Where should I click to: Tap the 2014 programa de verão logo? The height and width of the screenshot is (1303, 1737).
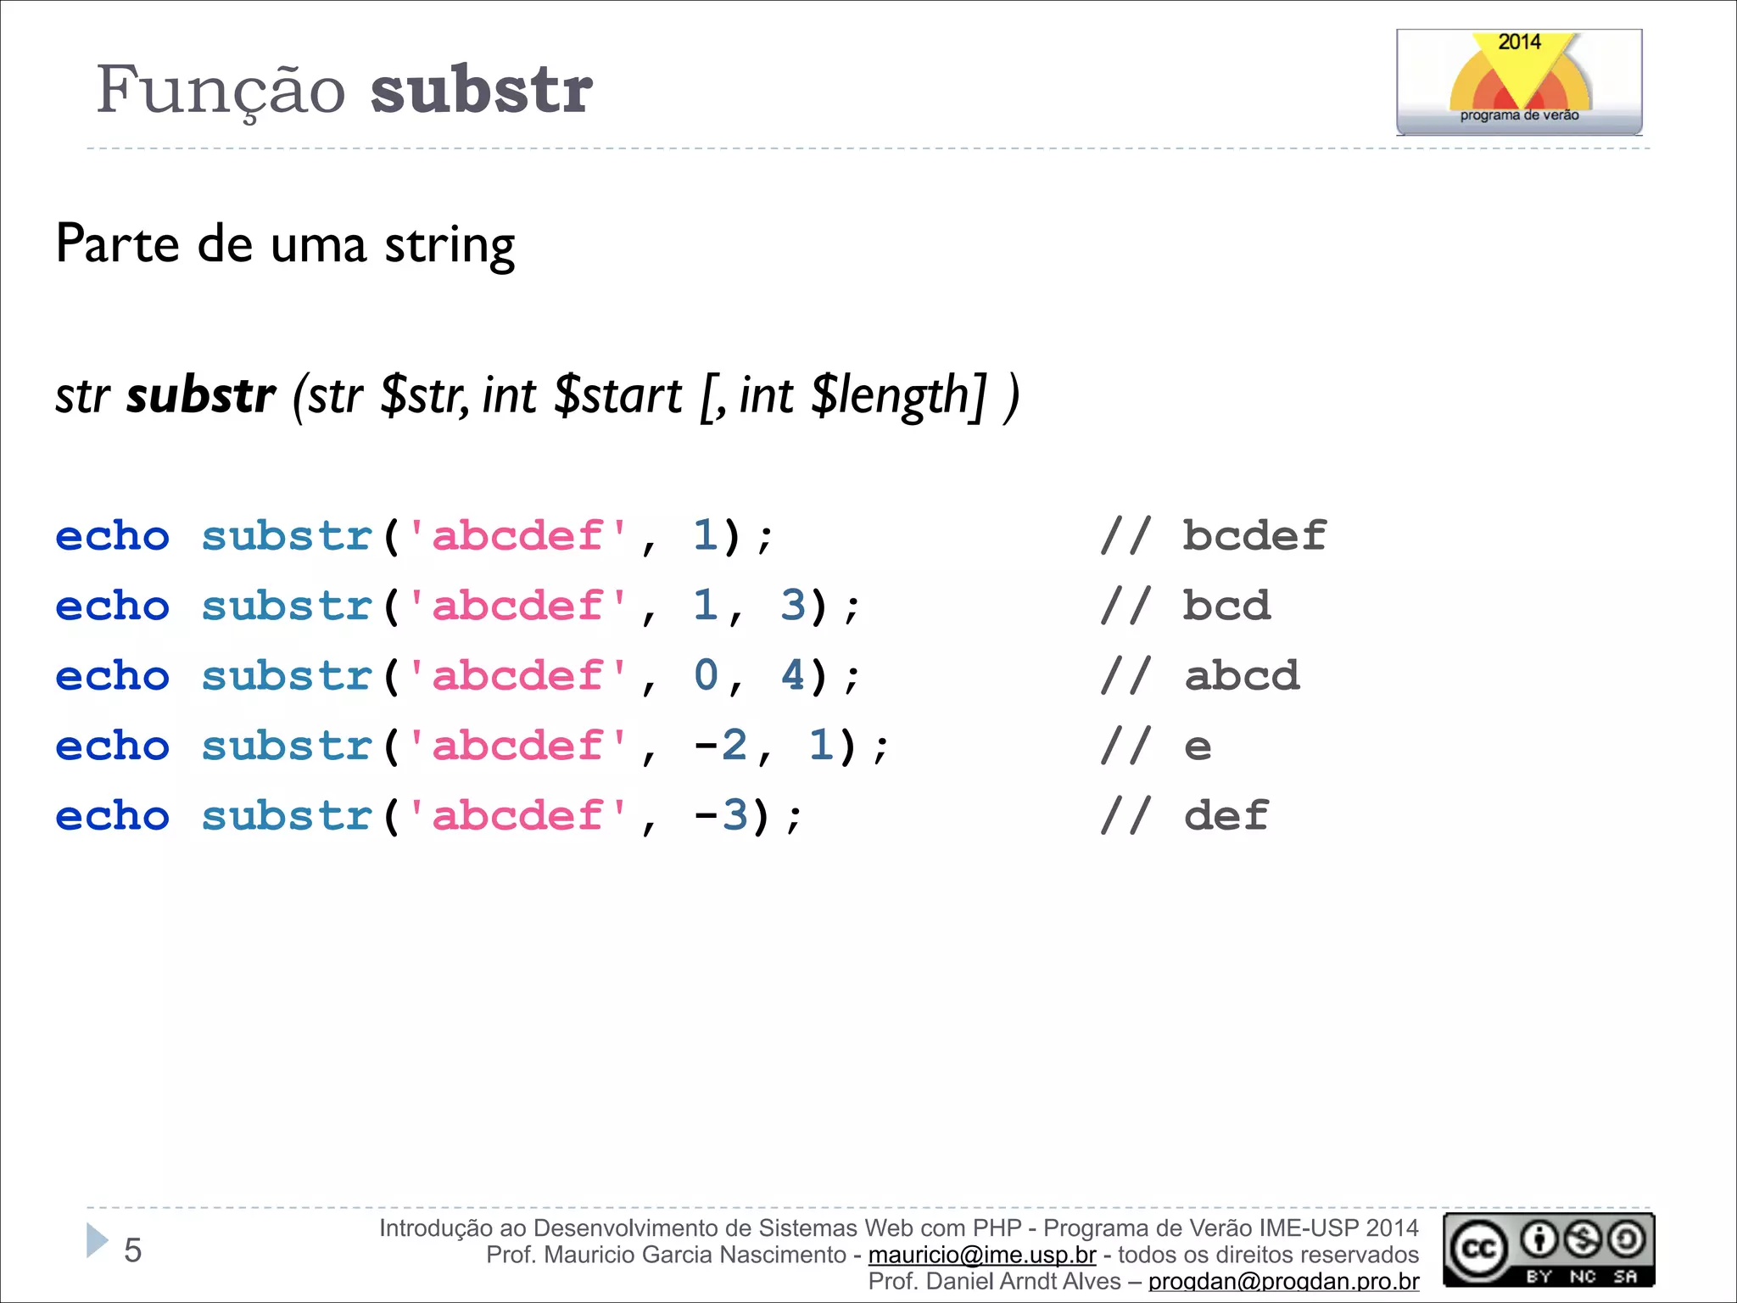(x=1518, y=82)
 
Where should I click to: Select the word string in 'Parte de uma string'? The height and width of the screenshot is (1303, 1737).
(x=450, y=245)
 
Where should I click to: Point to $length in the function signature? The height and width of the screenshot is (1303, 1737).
(x=898, y=395)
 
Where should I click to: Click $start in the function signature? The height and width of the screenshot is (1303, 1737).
(x=617, y=395)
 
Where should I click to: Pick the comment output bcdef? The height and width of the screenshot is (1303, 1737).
(x=1254, y=536)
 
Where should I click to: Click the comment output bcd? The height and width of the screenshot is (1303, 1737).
(x=1226, y=606)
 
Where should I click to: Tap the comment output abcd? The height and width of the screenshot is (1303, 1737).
(x=1241, y=676)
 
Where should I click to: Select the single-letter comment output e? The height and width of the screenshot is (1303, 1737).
(x=1198, y=747)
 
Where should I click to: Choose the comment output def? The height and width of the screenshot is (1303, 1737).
(x=1226, y=816)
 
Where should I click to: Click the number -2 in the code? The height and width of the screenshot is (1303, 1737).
(x=720, y=746)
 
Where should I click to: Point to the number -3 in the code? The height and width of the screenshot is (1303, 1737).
(x=720, y=815)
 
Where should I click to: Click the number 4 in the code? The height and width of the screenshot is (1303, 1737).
(x=793, y=675)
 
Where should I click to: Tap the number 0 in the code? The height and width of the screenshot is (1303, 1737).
(x=706, y=675)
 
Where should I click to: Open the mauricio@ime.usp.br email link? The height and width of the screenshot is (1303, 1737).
(x=981, y=1255)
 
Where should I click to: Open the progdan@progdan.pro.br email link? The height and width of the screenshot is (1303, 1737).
(x=1283, y=1282)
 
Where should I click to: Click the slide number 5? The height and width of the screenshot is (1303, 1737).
(x=133, y=1250)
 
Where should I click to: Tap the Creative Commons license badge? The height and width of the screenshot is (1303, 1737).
(x=1548, y=1250)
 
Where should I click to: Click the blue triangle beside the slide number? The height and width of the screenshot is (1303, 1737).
(x=96, y=1240)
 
